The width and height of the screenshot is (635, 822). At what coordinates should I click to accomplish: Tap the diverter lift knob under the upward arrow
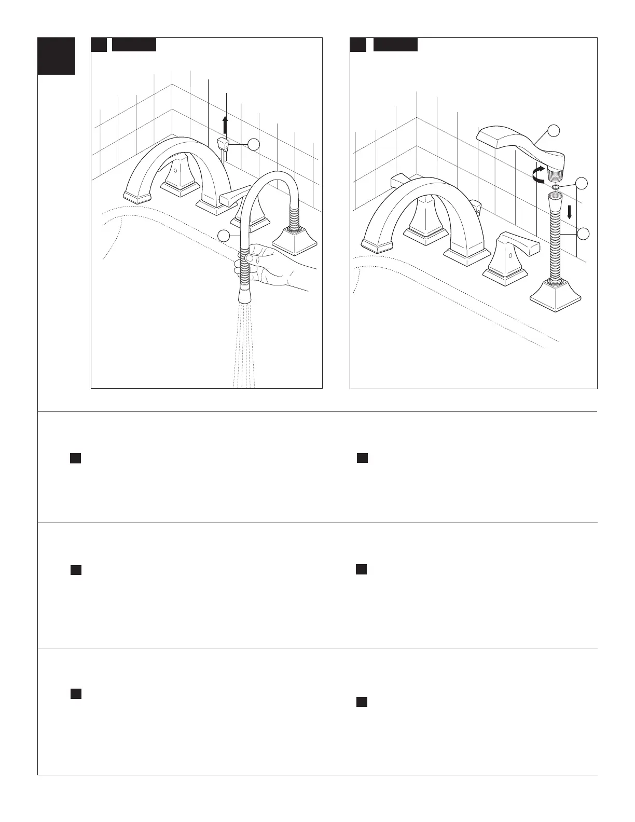tap(223, 143)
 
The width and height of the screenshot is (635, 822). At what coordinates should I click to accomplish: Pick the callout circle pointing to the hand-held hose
tap(224, 236)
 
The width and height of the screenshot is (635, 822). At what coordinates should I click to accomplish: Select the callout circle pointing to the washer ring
tap(583, 183)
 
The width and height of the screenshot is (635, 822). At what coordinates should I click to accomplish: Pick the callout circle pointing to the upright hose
tap(583, 234)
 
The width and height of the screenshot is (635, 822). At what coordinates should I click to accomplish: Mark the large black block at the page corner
tap(57, 56)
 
